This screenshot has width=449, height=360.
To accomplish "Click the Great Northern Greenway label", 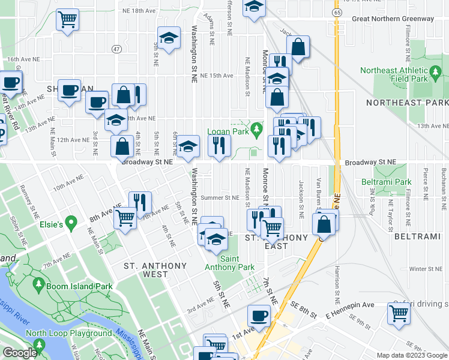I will pyautogui.click(x=393, y=19).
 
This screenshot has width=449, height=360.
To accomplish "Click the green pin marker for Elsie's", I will pyautogui.click(x=70, y=224).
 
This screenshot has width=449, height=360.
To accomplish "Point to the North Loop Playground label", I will pyautogui.click(x=68, y=333).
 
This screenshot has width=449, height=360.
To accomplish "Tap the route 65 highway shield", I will pyautogui.click(x=337, y=12).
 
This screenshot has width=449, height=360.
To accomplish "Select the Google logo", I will pyautogui.click(x=20, y=353).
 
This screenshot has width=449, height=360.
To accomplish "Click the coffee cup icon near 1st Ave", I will pyautogui.click(x=259, y=314).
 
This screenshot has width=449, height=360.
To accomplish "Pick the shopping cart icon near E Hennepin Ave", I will pyautogui.click(x=398, y=312).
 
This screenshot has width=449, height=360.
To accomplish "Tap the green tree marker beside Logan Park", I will pyautogui.click(x=257, y=128).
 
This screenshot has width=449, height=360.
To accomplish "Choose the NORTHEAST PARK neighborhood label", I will pyautogui.click(x=406, y=103).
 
